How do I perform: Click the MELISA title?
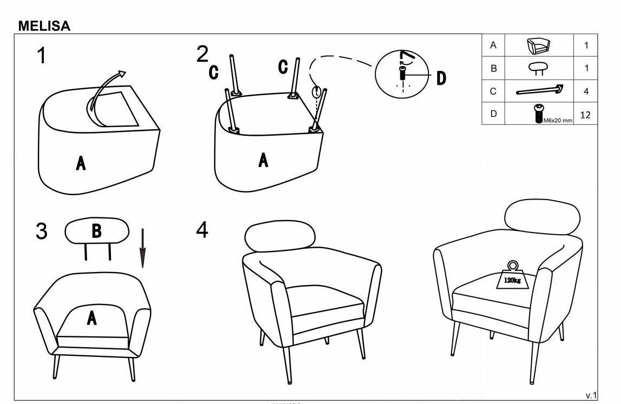44,25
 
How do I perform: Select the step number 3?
42,231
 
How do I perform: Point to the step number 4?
201,230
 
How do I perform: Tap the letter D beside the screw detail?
441,78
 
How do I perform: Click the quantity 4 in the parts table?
586,91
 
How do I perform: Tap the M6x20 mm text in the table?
557,120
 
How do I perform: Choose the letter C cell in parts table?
493,91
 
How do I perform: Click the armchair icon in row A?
538,46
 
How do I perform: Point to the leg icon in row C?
539,90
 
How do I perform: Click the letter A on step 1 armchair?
81,163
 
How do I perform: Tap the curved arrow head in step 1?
122,74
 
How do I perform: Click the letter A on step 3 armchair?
92,319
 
